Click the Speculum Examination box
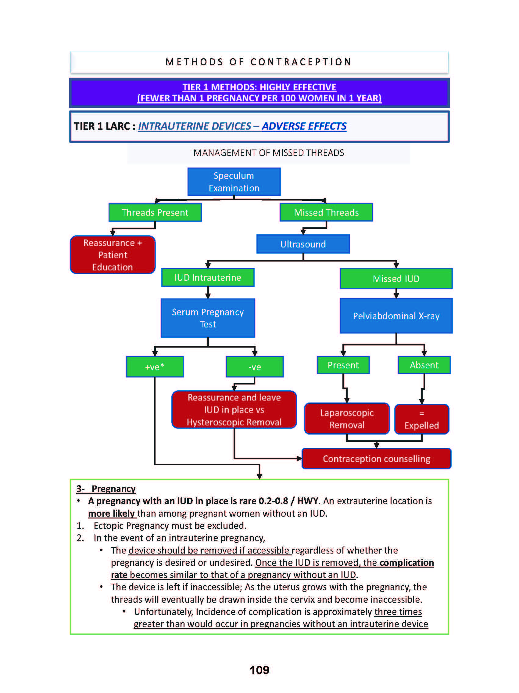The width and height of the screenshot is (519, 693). coord(234,182)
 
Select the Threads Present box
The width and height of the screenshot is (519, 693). coord(155,212)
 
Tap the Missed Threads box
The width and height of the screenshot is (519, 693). coord(326,212)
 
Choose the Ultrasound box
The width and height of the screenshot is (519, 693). coord(303,244)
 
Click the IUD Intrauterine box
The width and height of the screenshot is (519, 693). coord(208,278)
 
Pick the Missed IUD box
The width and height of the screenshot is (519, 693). coord(396,279)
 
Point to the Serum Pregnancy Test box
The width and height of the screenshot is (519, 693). coord(208,318)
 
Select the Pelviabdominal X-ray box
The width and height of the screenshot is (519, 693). coord(396,316)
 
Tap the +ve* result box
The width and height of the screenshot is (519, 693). coord(155,366)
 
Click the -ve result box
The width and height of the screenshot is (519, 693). coord(255,366)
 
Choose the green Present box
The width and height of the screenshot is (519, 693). coord(343,365)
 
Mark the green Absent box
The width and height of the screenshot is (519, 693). coord(424,365)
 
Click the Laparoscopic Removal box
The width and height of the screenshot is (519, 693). coord(347,419)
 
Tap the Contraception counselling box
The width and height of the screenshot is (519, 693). coord(376,459)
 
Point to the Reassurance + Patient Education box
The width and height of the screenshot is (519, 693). coord(113,255)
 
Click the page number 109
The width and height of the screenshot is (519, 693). coord(259,670)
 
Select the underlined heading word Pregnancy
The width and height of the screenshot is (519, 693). coord(113,489)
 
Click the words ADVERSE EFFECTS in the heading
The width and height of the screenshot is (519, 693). coord(304,126)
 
